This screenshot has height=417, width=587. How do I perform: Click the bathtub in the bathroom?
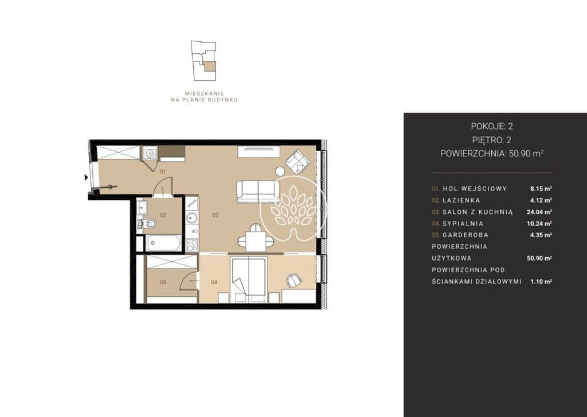164,243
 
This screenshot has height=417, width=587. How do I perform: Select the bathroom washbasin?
142,207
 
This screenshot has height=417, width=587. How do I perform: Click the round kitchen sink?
192,217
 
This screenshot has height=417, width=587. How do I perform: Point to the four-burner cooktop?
192,245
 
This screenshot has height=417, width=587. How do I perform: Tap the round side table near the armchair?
280,171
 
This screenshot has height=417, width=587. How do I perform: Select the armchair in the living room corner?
298,162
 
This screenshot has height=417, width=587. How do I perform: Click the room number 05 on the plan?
163,282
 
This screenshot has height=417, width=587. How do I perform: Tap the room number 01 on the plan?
163,172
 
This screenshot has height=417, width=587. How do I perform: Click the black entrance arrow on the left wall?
87,178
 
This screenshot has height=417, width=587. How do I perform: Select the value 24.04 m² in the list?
539,212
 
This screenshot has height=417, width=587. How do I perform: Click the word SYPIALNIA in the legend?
463,223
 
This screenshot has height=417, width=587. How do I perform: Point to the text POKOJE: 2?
492,126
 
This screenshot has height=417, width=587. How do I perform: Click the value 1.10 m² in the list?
541,281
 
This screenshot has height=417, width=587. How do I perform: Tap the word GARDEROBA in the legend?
465,235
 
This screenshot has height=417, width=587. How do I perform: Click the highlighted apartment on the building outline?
209,66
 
